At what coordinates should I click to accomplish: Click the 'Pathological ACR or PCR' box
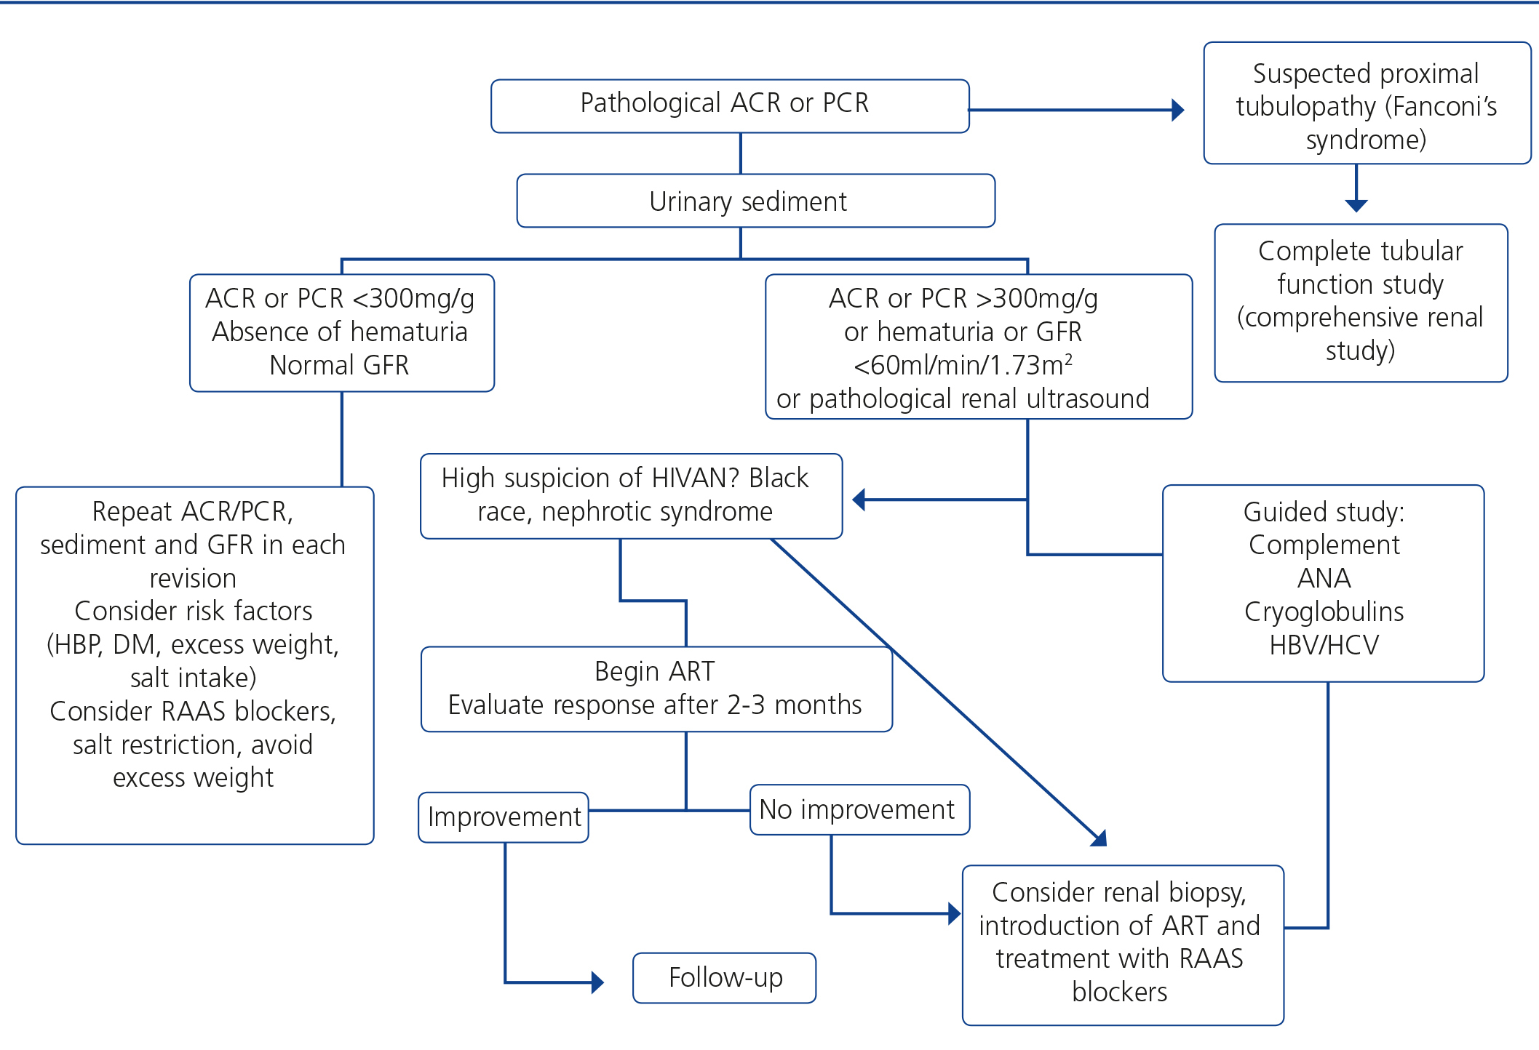(730, 105)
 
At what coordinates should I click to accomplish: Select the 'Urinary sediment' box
(755, 201)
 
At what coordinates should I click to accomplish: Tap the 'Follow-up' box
(725, 978)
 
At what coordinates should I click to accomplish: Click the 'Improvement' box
(504, 817)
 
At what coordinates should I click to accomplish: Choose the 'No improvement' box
(859, 809)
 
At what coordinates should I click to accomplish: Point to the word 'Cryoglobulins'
(1324, 612)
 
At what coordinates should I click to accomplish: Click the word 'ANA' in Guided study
(1324, 578)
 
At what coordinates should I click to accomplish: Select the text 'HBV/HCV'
(1324, 645)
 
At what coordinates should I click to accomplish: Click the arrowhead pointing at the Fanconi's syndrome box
(1177, 110)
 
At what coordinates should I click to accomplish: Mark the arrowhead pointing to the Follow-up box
(597, 982)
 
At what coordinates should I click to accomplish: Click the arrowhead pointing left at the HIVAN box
(859, 500)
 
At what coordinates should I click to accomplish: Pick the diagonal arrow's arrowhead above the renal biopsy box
(1099, 838)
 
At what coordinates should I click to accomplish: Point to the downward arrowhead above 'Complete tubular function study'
(1356, 206)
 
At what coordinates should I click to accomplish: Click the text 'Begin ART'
(654, 671)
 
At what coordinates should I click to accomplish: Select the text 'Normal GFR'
(339, 365)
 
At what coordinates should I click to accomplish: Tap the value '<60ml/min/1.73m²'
(962, 365)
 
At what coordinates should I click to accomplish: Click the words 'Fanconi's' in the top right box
(1441, 107)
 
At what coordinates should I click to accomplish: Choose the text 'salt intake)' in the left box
(193, 678)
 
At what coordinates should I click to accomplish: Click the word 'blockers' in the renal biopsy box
(1119, 992)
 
